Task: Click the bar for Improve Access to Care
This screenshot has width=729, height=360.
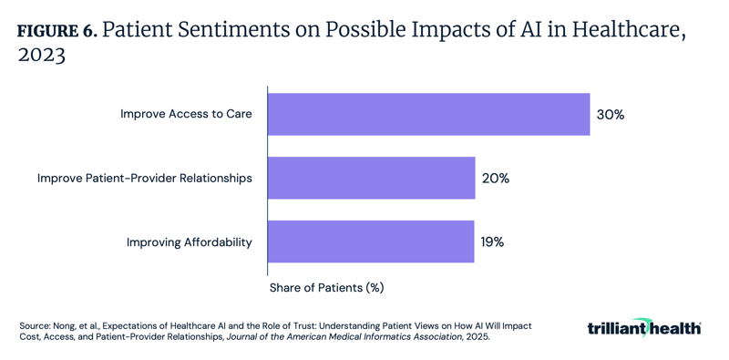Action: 428,115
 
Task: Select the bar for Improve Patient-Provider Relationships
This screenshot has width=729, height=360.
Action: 371,178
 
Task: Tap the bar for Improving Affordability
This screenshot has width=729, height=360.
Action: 370,242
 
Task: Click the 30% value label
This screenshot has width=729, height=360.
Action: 610,115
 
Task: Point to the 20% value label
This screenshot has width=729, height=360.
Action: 495,179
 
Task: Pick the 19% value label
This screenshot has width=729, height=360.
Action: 492,242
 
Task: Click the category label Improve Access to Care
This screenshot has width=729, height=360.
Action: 186,115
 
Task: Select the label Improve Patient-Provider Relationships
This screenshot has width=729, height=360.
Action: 144,179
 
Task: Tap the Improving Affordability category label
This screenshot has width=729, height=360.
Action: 189,242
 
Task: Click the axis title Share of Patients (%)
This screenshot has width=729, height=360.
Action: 326,288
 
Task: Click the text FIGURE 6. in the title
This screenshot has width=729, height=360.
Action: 56,29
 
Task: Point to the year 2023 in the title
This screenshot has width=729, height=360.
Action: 41,55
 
